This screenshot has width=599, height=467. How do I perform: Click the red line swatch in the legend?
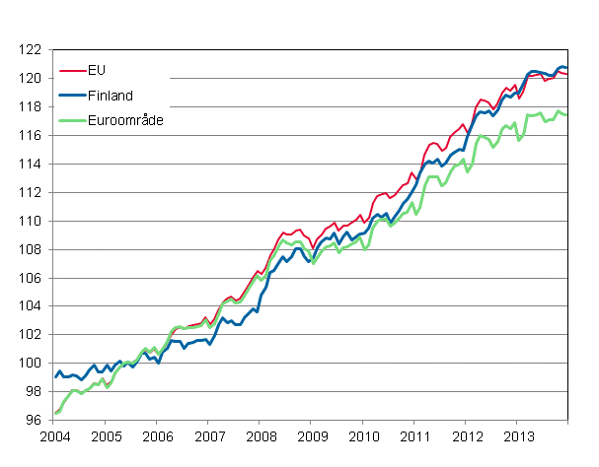click(72, 71)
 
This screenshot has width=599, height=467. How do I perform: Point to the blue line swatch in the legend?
click(72, 96)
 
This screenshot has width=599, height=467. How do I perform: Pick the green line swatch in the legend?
click(72, 119)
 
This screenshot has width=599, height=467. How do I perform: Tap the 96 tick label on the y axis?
click(34, 421)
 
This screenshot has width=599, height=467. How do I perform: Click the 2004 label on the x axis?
click(54, 436)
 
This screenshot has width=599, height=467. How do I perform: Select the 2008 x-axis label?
click(260, 436)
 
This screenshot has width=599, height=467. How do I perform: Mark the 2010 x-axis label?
click(363, 436)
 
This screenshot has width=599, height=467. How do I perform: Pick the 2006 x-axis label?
click(157, 436)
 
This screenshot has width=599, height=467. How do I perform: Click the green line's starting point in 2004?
click(54, 414)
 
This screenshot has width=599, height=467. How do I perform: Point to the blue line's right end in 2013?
click(567, 68)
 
